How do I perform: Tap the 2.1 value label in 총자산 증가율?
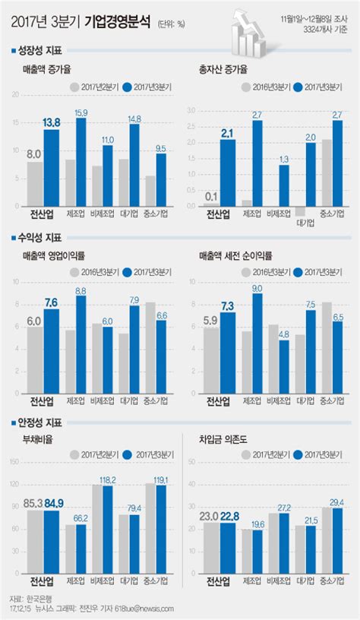click(x=228, y=133)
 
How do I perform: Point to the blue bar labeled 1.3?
click(x=284, y=185)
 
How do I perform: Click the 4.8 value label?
click(x=283, y=333)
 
